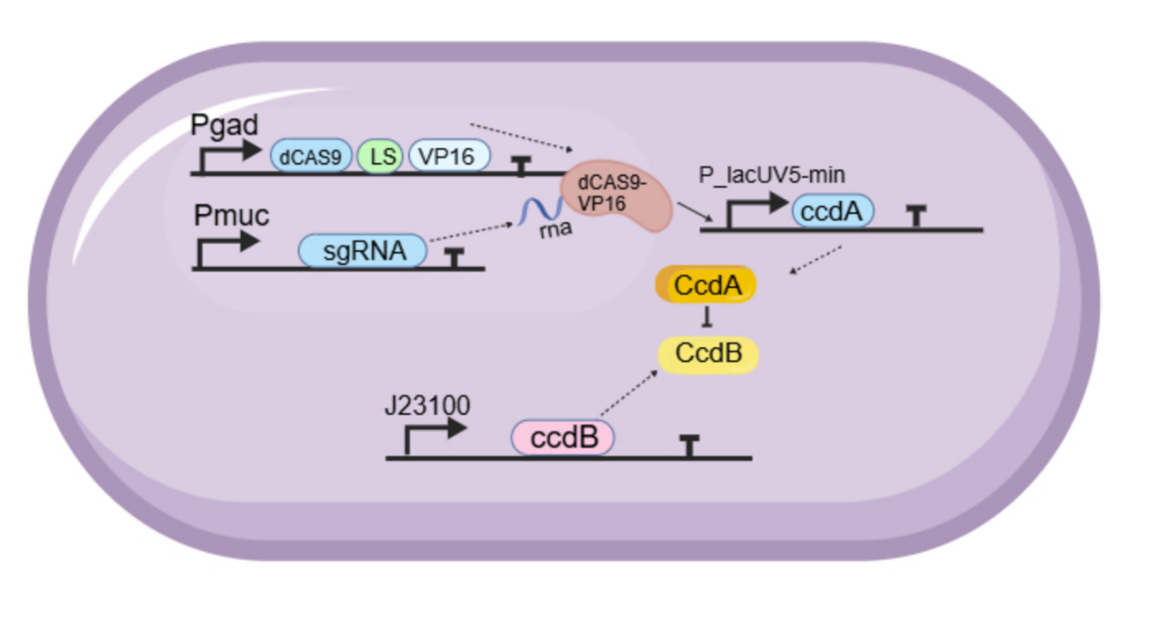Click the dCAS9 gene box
click(311, 157)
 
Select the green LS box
click(380, 157)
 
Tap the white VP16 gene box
click(448, 157)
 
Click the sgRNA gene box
click(363, 250)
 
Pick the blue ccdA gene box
click(832, 212)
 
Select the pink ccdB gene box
click(563, 436)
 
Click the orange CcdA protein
click(706, 285)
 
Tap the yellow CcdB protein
click(707, 353)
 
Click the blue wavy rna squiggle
click(536, 213)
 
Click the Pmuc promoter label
click(231, 217)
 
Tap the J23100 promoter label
click(427, 405)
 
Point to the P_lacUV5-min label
click(772, 175)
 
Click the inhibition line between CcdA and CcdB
click(707, 319)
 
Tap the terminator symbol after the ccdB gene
click(688, 444)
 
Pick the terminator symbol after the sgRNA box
click(454, 256)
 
